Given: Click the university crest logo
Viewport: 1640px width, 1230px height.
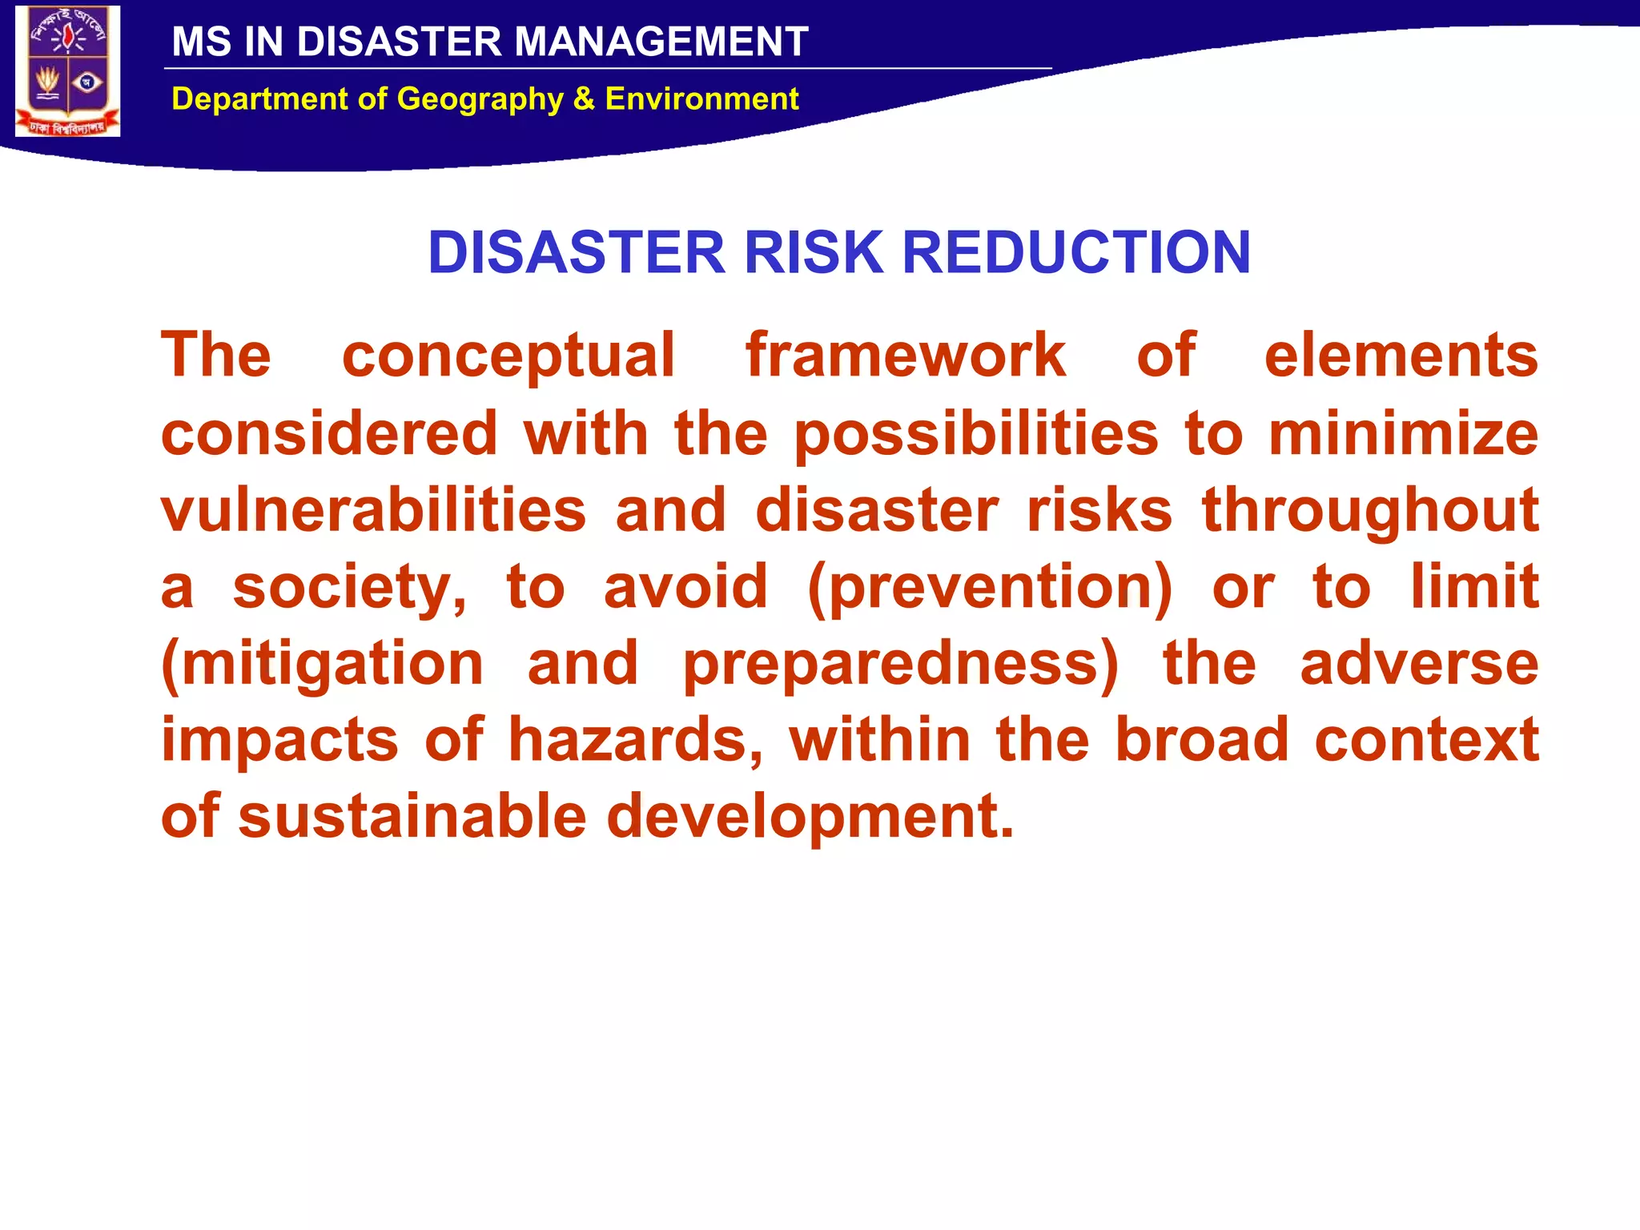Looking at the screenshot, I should [68, 71].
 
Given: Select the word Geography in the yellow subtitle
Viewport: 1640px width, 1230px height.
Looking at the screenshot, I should [480, 99].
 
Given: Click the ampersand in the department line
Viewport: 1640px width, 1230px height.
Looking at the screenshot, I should [584, 99].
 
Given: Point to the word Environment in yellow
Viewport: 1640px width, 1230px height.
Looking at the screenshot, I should [701, 99].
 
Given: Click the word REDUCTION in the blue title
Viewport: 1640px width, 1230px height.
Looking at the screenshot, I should [1076, 252].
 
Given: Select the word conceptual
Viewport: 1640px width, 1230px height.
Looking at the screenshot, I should [508, 356].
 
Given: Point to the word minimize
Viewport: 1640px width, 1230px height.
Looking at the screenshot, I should [1403, 433].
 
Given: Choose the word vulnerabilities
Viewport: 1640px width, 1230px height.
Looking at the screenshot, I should [374, 510].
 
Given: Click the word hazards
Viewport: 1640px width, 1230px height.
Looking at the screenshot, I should [636, 740].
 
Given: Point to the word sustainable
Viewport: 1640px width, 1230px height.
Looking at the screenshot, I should [412, 816].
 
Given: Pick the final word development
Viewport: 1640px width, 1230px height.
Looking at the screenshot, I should [810, 818].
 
